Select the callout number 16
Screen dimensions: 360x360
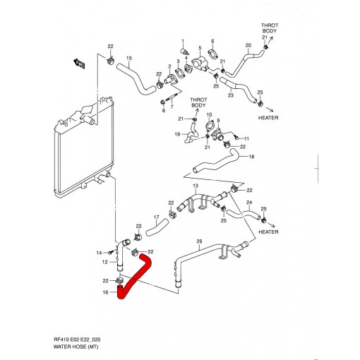(x=106, y=292)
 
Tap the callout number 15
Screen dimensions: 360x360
(x=129, y=59)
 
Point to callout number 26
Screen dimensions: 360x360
(x=199, y=241)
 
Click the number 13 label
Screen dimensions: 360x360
(x=196, y=186)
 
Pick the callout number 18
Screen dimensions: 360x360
(x=251, y=157)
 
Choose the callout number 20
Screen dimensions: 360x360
(x=248, y=45)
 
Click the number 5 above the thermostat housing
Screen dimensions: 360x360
(x=200, y=48)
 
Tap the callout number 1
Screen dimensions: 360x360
(x=183, y=42)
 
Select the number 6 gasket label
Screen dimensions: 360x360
(x=212, y=42)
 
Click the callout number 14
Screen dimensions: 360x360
(x=99, y=253)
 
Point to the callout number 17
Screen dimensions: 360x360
(x=157, y=217)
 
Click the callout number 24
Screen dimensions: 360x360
(x=249, y=203)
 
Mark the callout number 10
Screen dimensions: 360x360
(x=209, y=115)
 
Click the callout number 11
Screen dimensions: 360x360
(x=246, y=139)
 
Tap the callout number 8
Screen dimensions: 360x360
(x=164, y=111)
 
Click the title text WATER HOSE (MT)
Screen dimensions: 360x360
(x=76, y=347)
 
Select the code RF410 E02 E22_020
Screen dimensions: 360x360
(x=77, y=340)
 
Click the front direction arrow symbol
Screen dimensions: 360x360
(x=79, y=64)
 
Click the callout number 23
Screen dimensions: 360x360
(x=231, y=95)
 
